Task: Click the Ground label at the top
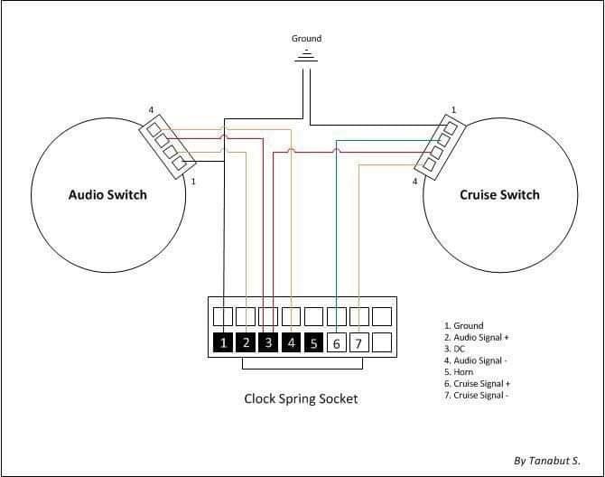pyautogui.click(x=306, y=39)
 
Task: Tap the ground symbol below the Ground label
pyautogui.click(x=307, y=55)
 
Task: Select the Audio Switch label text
pyautogui.click(x=107, y=194)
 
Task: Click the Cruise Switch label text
pyautogui.click(x=499, y=194)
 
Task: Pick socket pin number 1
pyautogui.click(x=223, y=343)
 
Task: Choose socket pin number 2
pyautogui.click(x=246, y=343)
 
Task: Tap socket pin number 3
pyautogui.click(x=268, y=343)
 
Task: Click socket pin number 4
pyautogui.click(x=291, y=343)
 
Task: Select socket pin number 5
pyautogui.click(x=313, y=343)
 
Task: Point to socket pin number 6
pyautogui.click(x=336, y=343)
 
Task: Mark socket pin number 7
pyautogui.click(x=358, y=343)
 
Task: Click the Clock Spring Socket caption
pyautogui.click(x=301, y=398)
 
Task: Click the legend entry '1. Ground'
pyautogui.click(x=463, y=325)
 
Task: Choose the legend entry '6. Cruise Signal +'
pyautogui.click(x=476, y=384)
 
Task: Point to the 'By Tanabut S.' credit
pyautogui.click(x=546, y=460)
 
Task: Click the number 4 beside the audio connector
pyautogui.click(x=151, y=111)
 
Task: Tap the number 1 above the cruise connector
pyautogui.click(x=453, y=110)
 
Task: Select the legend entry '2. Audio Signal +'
pyautogui.click(x=476, y=337)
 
